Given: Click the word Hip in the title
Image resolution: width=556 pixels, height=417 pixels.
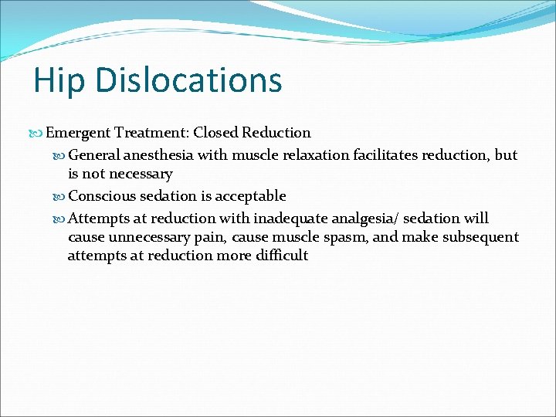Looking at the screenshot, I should (x=59, y=80).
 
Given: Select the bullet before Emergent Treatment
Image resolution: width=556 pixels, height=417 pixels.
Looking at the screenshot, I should (x=39, y=133).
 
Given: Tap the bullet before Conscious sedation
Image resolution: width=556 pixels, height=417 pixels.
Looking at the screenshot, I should (x=61, y=196).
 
